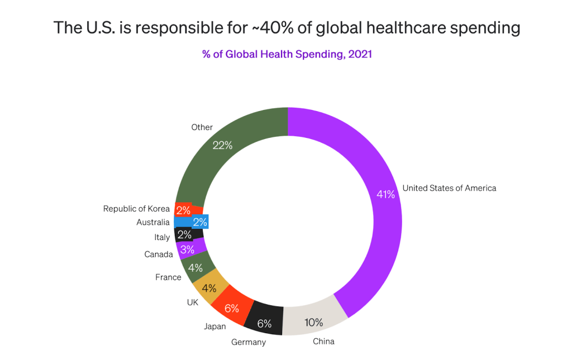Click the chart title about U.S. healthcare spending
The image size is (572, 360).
[287, 28]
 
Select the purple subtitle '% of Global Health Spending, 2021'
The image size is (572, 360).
[287, 55]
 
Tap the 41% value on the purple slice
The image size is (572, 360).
[385, 194]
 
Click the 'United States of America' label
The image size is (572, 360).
[449, 188]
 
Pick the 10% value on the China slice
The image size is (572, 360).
[313, 322]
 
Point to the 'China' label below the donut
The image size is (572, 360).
[323, 341]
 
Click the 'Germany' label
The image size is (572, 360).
[249, 342]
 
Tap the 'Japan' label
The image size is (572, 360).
[215, 326]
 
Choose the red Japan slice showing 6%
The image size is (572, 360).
[231, 308]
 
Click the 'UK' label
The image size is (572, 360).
[192, 301]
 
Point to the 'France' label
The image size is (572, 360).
[168, 277]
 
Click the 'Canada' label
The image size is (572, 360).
[159, 255]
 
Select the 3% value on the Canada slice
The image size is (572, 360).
[187, 249]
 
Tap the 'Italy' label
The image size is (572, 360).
[162, 237]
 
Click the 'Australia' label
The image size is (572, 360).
[153, 223]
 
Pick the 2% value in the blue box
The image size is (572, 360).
[200, 222]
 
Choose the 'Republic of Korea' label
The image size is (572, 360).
[136, 209]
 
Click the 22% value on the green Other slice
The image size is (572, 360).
[222, 145]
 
